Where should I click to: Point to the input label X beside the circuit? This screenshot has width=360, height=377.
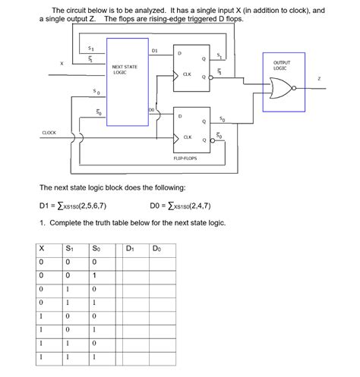pyautogui.click(x=61, y=64)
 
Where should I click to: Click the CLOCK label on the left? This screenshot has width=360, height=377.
pyautogui.click(x=49, y=133)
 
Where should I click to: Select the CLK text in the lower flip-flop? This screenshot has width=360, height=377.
pyautogui.click(x=187, y=137)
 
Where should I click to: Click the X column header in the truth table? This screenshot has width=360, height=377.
pyautogui.click(x=42, y=248)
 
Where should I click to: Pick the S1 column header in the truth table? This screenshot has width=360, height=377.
pyautogui.click(x=69, y=248)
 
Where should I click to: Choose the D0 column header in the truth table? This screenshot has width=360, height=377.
pyautogui.click(x=156, y=248)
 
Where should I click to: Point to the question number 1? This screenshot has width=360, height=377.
pyautogui.click(x=41, y=223)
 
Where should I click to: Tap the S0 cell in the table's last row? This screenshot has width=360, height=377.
pyautogui.click(x=95, y=357)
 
